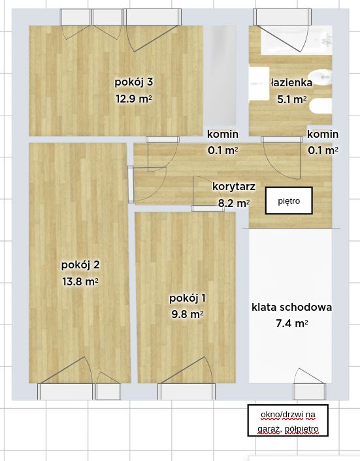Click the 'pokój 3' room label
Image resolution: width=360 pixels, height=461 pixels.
[x=133, y=82]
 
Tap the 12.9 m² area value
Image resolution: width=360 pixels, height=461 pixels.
[x=133, y=99]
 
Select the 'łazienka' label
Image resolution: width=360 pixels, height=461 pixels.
[x=291, y=83]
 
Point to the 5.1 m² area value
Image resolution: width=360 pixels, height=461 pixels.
[x=291, y=100]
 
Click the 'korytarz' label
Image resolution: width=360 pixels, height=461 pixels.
[x=233, y=186]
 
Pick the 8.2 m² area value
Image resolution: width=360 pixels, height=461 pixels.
[x=233, y=203]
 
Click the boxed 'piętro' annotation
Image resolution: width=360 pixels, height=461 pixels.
[x=288, y=201]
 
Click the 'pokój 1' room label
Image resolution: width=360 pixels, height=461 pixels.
[x=188, y=298]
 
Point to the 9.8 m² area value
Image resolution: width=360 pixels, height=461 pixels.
[x=188, y=315]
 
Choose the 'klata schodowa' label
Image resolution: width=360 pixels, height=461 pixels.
[x=292, y=307]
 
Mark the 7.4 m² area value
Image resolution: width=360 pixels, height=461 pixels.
[x=292, y=323]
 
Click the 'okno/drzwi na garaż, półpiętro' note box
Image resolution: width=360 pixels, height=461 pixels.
[x=287, y=421]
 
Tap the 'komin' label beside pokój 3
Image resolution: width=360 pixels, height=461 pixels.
[x=223, y=135]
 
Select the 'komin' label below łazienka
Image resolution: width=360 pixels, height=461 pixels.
[x=323, y=135]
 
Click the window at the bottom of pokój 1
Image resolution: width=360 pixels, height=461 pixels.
[x=186, y=392]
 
